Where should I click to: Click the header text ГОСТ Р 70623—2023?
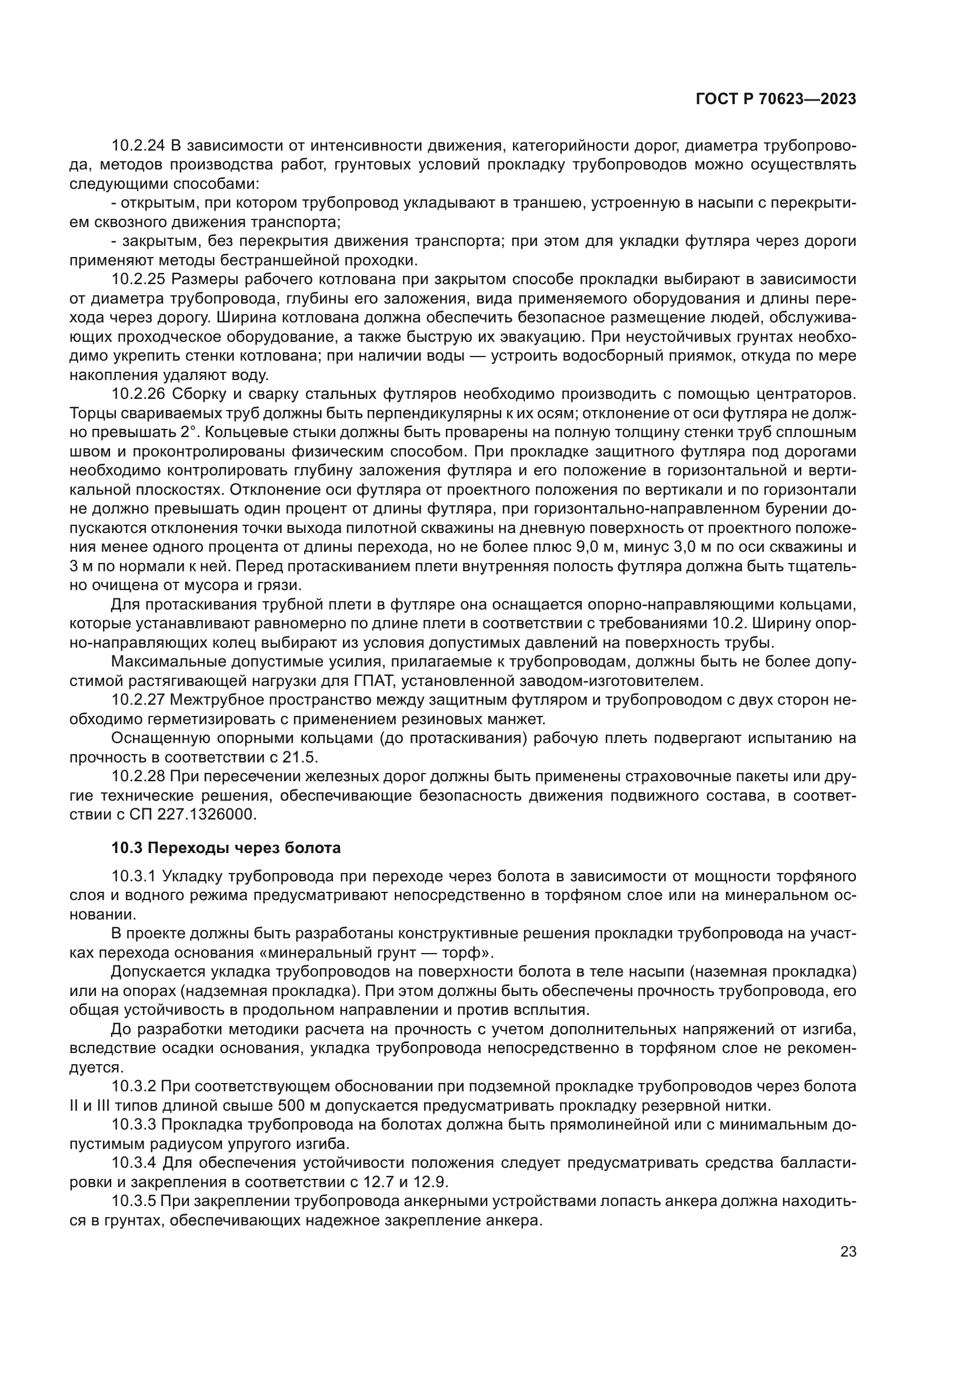(x=775, y=99)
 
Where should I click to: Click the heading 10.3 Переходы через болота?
(x=226, y=848)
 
